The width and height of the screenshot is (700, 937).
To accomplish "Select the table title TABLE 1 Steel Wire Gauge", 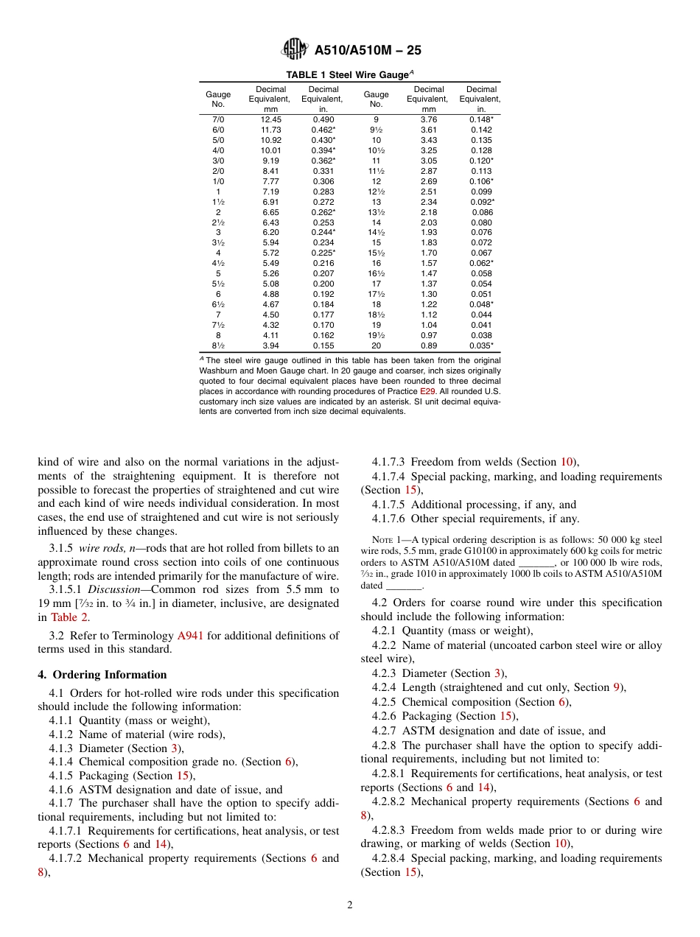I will point(349,74).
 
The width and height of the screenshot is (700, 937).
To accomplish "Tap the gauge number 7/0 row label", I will point(218,119).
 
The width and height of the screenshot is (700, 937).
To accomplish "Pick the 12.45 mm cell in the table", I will point(270,119).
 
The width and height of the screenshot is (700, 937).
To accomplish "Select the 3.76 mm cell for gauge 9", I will point(428,119).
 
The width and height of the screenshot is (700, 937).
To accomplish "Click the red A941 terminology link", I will point(190,635).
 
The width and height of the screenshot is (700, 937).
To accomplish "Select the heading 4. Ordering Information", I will point(102,675).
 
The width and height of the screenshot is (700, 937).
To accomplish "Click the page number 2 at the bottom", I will point(350,905).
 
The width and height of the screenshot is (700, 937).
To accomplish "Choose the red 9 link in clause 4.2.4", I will point(616,687).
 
